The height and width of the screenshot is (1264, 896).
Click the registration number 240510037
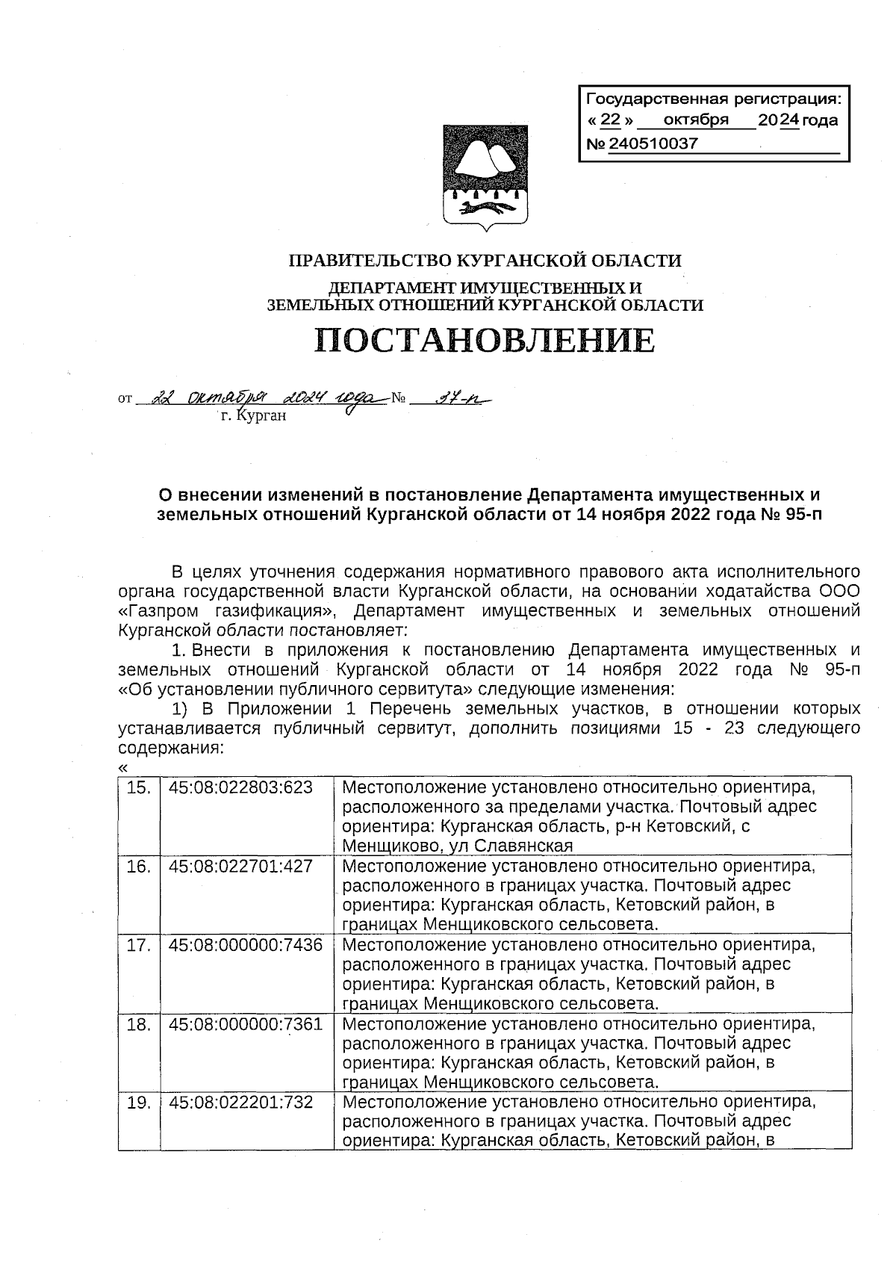[x=653, y=144]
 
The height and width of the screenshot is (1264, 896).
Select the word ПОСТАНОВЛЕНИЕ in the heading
[x=485, y=341]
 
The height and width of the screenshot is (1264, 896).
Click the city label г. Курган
[x=254, y=416]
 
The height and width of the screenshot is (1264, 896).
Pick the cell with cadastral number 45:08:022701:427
[x=240, y=866]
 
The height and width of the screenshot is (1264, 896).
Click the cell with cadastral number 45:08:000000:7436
[x=246, y=945]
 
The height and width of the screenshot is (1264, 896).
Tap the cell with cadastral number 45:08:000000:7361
[x=246, y=1024]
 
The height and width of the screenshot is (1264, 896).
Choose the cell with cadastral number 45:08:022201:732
[x=240, y=1103]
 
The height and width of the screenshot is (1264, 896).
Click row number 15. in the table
[x=139, y=787]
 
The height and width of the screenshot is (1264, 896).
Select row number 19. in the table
[x=139, y=1103]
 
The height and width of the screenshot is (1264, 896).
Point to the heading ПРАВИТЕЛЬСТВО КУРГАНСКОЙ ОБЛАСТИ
[x=485, y=261]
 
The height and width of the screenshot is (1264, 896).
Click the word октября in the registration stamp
[x=695, y=120]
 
